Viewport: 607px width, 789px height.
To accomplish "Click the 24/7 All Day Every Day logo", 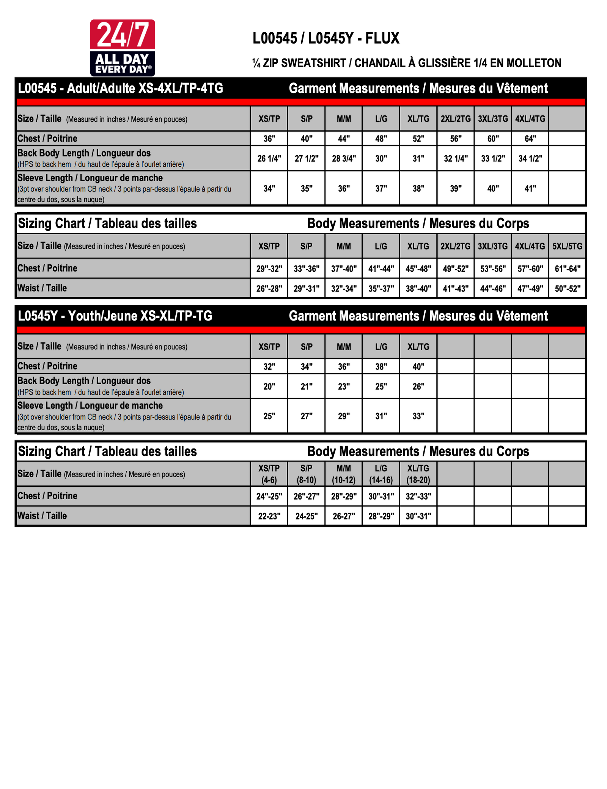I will click(122, 47).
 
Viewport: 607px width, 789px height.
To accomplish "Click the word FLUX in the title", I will click(382, 38).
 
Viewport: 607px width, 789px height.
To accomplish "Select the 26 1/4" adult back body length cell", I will click(269, 159).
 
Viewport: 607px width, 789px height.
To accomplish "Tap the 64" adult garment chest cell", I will click(530, 139).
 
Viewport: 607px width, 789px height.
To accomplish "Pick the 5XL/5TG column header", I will click(567, 246).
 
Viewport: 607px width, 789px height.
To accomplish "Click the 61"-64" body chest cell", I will click(567, 269).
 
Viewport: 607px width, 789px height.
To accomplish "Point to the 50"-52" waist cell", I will click(567, 289).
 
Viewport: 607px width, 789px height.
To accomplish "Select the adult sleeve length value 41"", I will click(530, 188).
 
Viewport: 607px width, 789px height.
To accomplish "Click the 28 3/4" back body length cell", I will click(344, 159).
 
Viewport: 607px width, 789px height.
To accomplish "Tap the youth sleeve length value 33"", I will click(418, 416).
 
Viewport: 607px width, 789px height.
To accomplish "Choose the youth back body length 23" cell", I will click(344, 387).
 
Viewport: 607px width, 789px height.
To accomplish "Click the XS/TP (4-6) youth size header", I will click(269, 474).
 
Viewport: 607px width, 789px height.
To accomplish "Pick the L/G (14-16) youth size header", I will click(381, 474).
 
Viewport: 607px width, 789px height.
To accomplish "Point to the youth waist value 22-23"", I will click(269, 516).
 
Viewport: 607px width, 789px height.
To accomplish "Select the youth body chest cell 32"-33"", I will click(418, 496).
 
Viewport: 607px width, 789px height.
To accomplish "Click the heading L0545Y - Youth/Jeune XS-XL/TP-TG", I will click(115, 316).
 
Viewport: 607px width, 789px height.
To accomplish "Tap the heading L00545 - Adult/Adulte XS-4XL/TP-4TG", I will click(120, 88).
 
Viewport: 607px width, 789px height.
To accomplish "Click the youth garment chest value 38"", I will click(381, 366).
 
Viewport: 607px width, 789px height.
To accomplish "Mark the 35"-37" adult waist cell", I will click(381, 289).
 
